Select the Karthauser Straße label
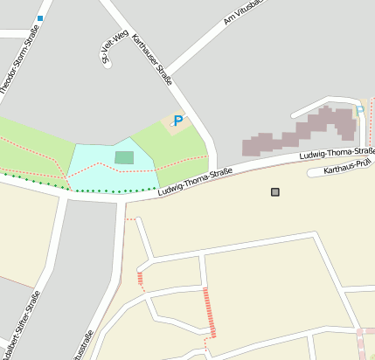(152, 60)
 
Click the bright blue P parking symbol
(179, 121)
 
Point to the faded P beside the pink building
(359, 111)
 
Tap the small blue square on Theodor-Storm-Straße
(40, 17)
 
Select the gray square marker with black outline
(276, 191)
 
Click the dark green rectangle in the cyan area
(125, 157)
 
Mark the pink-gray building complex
(302, 132)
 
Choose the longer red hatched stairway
(209, 313)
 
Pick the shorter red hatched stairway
(140, 278)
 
